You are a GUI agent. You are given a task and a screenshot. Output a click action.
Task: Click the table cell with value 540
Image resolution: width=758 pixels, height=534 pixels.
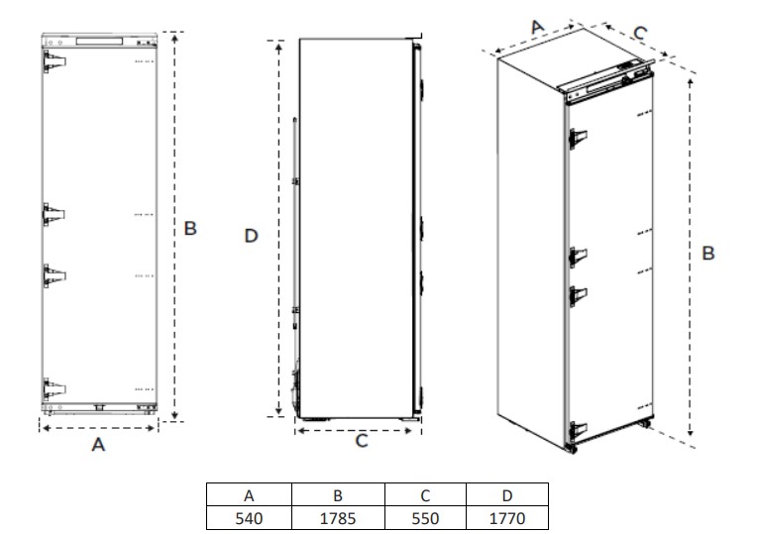tap(249, 518)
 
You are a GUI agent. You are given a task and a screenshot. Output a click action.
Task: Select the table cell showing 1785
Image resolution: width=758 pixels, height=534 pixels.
tap(338, 518)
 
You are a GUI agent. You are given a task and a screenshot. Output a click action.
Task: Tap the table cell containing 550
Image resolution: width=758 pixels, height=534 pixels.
tap(425, 518)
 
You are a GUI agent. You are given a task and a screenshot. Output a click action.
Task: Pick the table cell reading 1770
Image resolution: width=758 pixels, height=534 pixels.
tap(507, 518)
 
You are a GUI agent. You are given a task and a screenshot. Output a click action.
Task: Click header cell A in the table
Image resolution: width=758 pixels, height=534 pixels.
tap(249, 494)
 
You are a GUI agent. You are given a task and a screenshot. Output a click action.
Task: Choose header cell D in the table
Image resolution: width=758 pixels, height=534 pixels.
tap(507, 494)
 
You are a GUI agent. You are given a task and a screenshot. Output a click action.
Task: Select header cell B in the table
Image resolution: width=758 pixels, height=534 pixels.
tap(338, 494)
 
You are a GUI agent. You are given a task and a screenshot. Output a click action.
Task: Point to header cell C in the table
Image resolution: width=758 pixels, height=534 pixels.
tap(425, 494)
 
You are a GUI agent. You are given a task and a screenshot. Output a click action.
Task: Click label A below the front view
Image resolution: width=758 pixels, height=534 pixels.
tap(98, 444)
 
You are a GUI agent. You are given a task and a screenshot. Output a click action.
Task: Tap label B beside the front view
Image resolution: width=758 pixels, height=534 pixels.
tap(190, 228)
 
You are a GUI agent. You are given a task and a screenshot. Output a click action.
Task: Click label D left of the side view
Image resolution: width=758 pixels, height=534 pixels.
tap(252, 236)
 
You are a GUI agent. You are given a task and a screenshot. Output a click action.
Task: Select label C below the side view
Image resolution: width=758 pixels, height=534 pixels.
tap(362, 441)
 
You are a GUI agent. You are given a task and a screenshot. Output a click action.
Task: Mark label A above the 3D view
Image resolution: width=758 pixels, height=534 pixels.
tap(538, 27)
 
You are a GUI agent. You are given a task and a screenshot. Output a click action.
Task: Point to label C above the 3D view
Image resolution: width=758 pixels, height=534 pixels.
tap(640, 33)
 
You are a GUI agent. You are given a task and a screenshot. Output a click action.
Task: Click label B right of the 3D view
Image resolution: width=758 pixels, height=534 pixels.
tap(708, 253)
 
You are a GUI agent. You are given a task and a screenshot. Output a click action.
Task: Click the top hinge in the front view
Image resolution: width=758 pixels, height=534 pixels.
tap(54, 61)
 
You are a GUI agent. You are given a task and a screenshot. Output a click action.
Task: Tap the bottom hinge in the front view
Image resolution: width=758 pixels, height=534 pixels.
tap(54, 388)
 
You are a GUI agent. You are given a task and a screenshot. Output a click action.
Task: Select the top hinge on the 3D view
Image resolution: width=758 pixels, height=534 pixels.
tap(578, 139)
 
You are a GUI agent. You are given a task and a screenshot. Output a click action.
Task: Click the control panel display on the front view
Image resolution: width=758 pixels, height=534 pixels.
tap(99, 42)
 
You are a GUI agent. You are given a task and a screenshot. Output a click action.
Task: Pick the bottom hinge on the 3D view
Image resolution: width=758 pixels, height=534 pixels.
tap(578, 430)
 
